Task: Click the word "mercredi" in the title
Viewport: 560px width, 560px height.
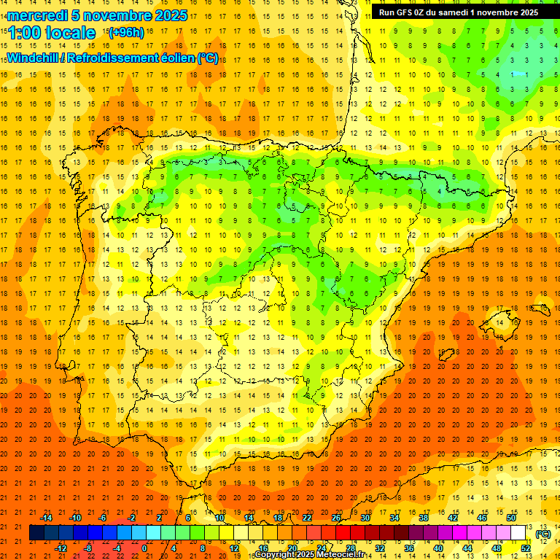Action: [37, 15]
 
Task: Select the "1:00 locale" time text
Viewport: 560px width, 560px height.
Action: [51, 33]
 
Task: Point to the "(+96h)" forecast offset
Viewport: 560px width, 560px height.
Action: [126, 32]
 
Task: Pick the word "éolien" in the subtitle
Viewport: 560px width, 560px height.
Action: [171, 58]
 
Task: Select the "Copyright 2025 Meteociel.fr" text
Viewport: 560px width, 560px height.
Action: [310, 555]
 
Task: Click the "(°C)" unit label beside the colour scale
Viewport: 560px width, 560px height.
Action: [542, 534]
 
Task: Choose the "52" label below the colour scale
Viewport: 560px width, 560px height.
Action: [526, 548]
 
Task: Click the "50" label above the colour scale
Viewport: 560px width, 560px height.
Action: [511, 518]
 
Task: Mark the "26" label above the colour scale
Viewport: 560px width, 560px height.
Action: [336, 518]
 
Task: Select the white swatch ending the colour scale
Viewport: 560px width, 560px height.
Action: [518, 533]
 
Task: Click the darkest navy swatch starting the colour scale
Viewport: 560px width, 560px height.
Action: [36, 533]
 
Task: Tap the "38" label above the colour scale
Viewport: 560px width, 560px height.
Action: [424, 518]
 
